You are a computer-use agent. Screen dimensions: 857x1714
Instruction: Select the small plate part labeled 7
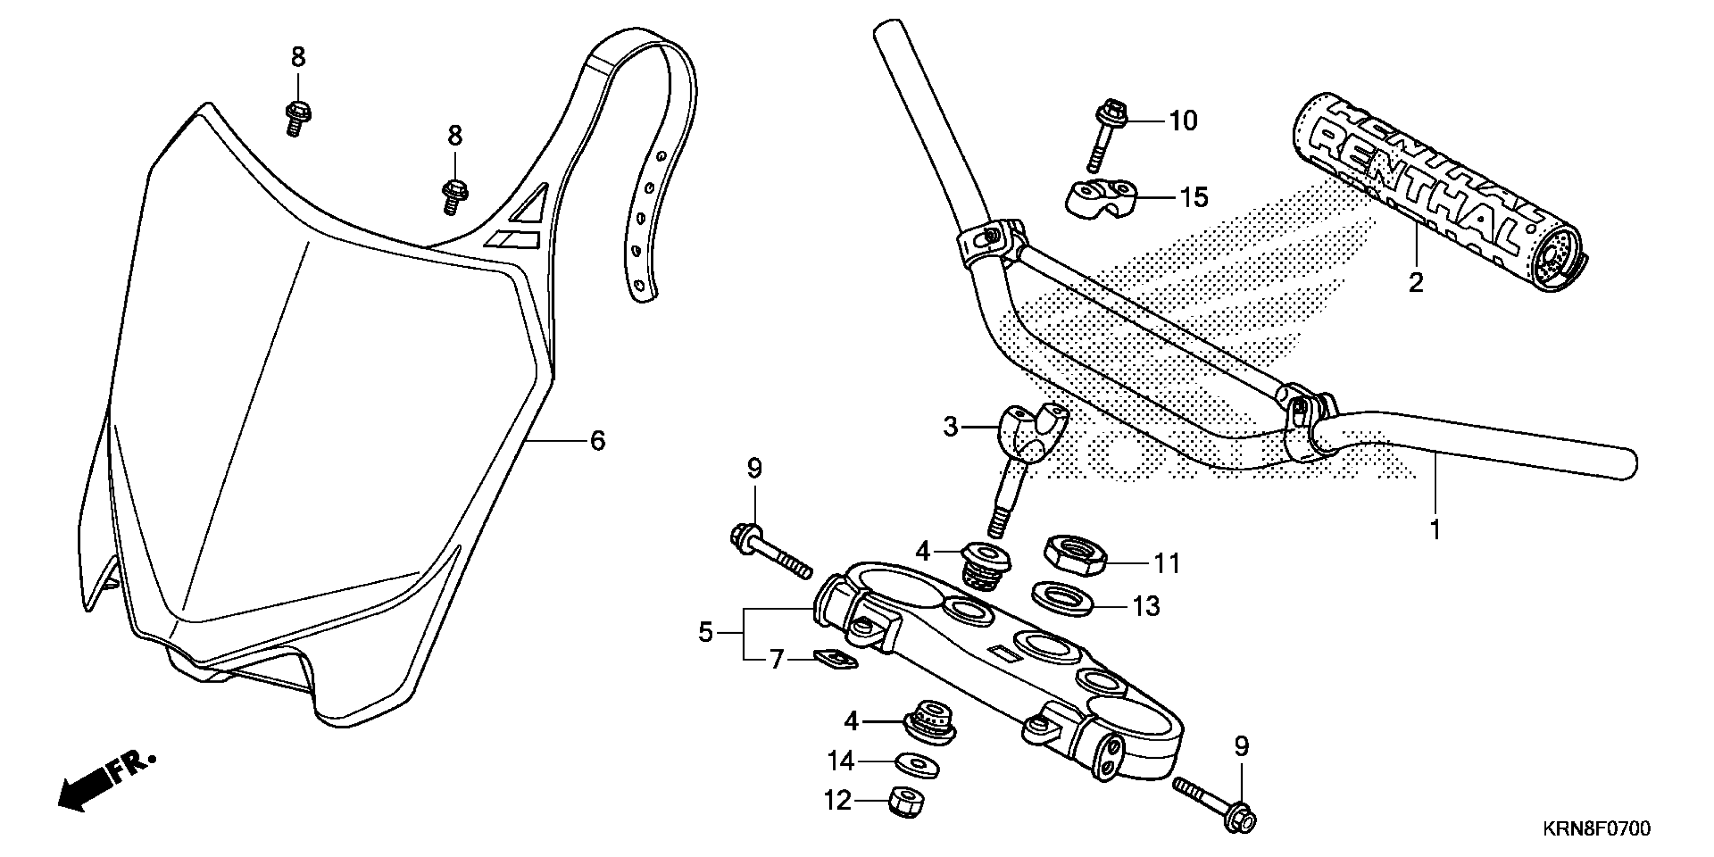click(835, 659)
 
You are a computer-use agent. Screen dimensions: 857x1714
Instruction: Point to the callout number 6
click(597, 441)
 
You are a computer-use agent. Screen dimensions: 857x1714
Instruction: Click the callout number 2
click(1416, 283)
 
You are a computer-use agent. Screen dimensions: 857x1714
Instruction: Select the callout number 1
click(1435, 530)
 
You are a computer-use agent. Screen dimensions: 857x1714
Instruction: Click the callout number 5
click(705, 632)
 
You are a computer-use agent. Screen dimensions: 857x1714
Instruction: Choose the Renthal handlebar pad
click(1437, 193)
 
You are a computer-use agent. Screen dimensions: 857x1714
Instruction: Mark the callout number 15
click(1194, 198)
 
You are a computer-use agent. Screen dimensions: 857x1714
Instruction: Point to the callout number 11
click(1167, 564)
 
